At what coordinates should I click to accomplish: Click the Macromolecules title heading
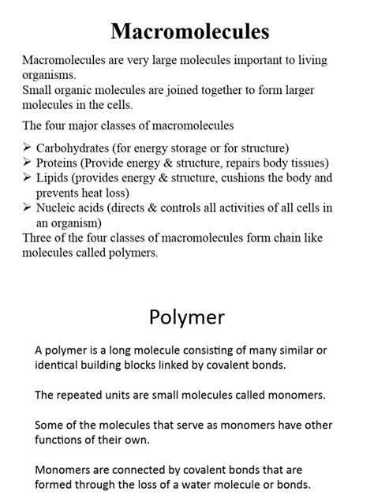pyautogui.click(x=189, y=31)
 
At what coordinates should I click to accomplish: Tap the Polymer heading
pyautogui.click(x=186, y=317)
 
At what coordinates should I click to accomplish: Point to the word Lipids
pyautogui.click(x=53, y=178)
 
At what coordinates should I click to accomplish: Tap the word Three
pyautogui.click(x=39, y=238)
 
